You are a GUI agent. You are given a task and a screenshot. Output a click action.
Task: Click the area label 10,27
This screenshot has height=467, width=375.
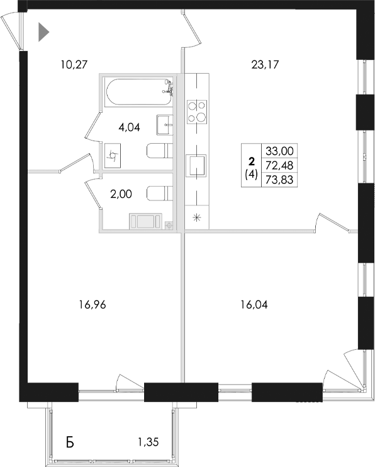(73, 63)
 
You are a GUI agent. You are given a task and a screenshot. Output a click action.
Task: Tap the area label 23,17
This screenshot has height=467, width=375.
(264, 63)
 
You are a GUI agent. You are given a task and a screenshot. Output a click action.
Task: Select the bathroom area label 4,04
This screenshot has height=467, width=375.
(129, 127)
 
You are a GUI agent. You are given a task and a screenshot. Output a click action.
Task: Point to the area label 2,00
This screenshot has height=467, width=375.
(121, 195)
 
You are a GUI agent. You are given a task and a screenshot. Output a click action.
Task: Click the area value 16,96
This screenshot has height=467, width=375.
(92, 304)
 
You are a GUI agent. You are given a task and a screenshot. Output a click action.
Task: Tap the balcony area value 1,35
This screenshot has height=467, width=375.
(150, 442)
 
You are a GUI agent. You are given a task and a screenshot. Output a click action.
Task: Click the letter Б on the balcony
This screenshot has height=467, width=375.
(70, 442)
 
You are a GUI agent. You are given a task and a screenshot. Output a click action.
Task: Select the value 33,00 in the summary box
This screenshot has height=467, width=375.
(280, 151)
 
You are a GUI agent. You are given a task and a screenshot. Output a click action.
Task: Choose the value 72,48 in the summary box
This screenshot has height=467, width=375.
(280, 165)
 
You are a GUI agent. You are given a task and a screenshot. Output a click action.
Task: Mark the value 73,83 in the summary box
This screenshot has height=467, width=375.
(280, 180)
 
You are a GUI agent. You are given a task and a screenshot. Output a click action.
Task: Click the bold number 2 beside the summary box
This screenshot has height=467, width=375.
(251, 161)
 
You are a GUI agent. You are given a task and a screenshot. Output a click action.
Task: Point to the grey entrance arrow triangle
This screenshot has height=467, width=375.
(43, 32)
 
